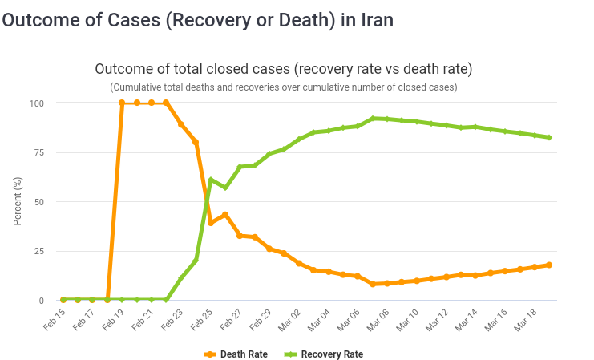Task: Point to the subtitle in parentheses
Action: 283,87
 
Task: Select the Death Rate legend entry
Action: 236,354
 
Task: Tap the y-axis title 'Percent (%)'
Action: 18,201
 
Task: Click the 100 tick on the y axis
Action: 37,103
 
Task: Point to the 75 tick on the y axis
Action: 39,152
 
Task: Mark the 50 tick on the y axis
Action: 39,202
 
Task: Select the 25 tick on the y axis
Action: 39,251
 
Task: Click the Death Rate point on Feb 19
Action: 122,103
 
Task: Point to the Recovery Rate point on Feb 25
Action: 210,180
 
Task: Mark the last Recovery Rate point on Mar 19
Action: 549,137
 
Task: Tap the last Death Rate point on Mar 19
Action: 549,265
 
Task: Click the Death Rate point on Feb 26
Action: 225,214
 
